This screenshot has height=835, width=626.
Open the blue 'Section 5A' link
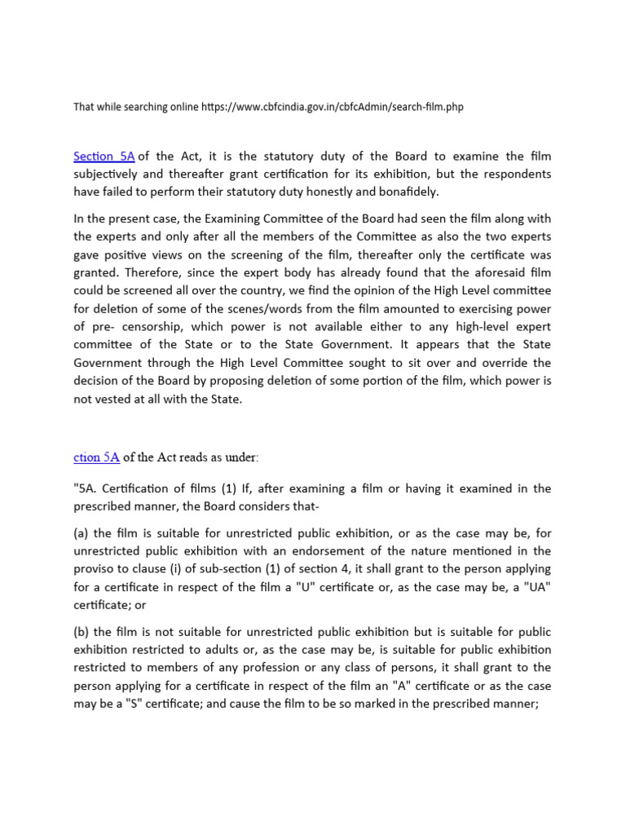click(x=104, y=156)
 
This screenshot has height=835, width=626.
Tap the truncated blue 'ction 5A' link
click(x=96, y=457)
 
